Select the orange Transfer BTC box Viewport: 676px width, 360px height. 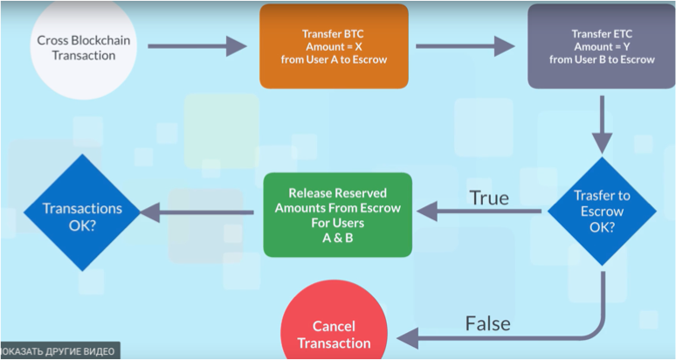tap(334, 45)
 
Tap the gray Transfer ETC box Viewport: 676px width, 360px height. tap(602, 45)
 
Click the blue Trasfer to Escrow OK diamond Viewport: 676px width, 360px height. tap(602, 211)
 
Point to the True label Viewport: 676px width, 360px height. tap(489, 198)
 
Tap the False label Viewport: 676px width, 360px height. tap(488, 323)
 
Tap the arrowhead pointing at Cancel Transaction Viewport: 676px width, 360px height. tap(404, 336)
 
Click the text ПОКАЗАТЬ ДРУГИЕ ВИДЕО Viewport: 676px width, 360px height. tap(59, 351)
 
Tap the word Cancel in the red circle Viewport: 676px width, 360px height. tap(334, 327)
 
